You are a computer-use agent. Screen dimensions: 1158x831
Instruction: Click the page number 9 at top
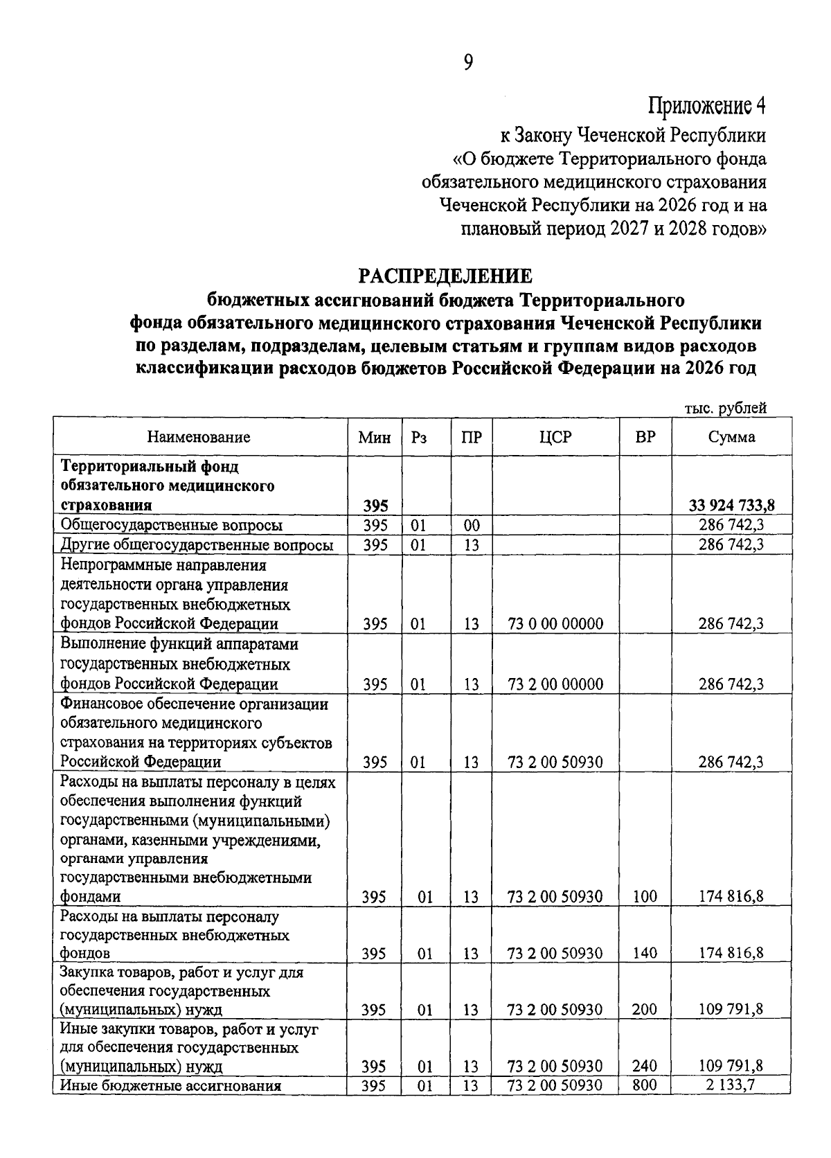point(468,63)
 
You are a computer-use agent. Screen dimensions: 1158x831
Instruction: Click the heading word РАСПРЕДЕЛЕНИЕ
point(445,276)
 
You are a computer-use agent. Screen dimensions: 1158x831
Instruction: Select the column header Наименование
point(199,437)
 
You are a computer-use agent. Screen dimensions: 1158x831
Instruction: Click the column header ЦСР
point(555,437)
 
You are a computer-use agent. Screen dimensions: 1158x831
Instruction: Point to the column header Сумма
point(731,437)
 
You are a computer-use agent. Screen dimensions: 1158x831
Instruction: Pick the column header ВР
point(645,437)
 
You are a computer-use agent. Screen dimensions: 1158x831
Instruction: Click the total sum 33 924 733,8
point(731,505)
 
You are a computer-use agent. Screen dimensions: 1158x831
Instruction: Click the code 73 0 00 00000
point(555,623)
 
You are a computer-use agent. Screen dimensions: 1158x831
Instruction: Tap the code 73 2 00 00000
point(555,684)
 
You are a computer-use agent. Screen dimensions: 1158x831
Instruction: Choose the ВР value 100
point(645,897)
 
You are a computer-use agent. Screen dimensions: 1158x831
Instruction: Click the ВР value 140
point(645,953)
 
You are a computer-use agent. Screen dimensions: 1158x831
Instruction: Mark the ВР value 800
point(645,1085)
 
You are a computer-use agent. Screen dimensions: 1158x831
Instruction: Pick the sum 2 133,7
point(731,1085)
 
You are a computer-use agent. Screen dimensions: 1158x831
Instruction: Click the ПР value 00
point(472,525)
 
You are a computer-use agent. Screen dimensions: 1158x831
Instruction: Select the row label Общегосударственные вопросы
point(172,525)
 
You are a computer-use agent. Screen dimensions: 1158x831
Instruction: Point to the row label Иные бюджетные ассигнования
point(171,1085)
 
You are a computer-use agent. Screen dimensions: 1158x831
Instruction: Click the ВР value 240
point(645,1066)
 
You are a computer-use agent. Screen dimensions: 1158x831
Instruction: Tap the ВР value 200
point(645,1009)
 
